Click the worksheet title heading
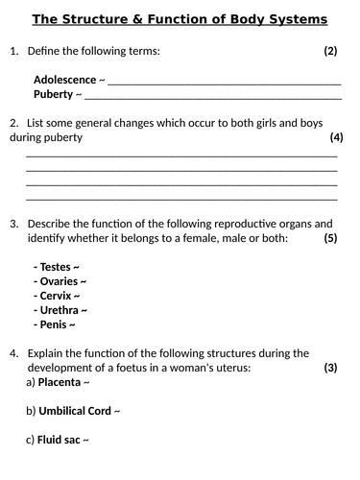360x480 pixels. tap(180, 19)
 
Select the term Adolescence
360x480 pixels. tap(64, 80)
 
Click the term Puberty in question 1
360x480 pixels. tap(53, 94)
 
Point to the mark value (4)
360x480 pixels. tap(336, 137)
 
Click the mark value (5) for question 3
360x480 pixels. tap(330, 237)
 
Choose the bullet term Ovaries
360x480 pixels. tap(58, 281)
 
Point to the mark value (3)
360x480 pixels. tap(330, 368)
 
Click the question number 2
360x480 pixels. tap(12, 123)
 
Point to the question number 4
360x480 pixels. tap(12, 353)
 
